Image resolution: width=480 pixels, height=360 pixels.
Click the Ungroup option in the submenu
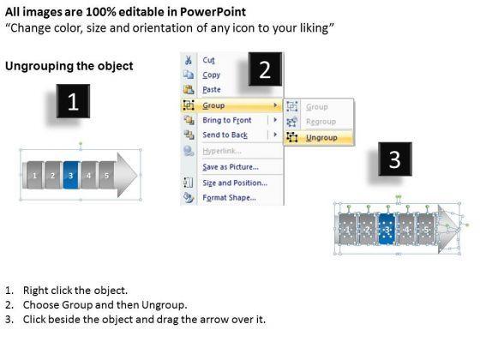click(x=321, y=138)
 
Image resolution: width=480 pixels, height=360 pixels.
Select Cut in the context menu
click(x=208, y=60)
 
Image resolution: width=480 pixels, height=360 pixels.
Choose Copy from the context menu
click(x=211, y=75)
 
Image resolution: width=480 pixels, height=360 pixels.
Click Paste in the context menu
click(x=212, y=90)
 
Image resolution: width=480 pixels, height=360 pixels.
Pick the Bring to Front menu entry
click(x=227, y=120)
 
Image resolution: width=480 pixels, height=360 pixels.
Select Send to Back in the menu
click(x=225, y=135)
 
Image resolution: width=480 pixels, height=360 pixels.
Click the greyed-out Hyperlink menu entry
click(x=222, y=151)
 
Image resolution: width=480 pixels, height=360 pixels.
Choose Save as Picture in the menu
click(x=231, y=167)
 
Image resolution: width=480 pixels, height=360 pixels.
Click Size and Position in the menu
click(x=235, y=183)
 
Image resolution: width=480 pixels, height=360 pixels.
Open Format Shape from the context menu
click(x=229, y=198)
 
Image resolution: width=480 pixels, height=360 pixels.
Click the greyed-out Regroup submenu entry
click(x=321, y=122)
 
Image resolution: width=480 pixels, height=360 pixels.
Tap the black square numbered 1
click(x=73, y=101)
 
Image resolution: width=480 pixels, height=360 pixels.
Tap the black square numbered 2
click(x=265, y=69)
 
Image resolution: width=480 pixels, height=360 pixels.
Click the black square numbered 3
click(x=395, y=159)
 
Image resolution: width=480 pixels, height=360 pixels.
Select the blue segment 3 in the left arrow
click(x=71, y=175)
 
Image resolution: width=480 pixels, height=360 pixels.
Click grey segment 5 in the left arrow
click(x=107, y=175)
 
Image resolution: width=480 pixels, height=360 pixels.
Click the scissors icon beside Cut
click(x=189, y=60)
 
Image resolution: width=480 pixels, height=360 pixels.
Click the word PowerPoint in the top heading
click(x=213, y=12)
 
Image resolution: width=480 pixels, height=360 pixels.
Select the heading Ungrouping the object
click(x=69, y=66)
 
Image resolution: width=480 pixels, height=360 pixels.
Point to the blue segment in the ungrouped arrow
click(x=387, y=230)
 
